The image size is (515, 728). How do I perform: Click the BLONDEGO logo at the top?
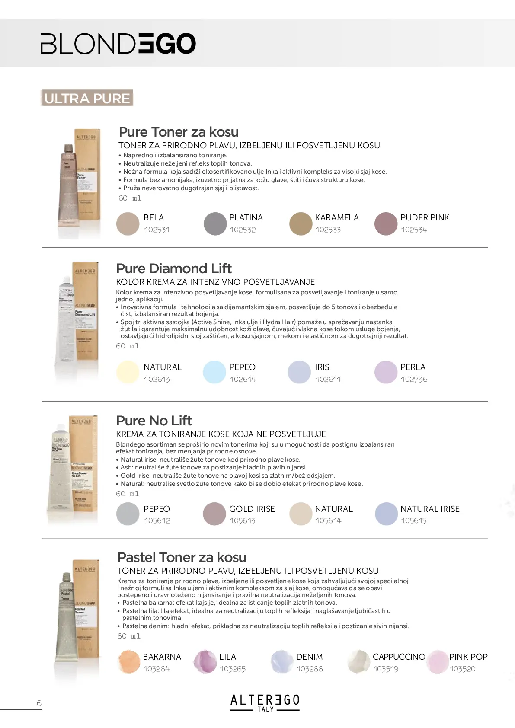pyautogui.click(x=118, y=44)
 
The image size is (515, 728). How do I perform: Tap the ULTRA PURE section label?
pyautogui.click(x=87, y=98)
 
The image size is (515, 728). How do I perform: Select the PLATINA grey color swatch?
pyautogui.click(x=215, y=224)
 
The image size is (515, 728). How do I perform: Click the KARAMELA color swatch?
pyautogui.click(x=301, y=224)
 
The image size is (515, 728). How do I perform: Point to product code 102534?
pyautogui.click(x=413, y=230)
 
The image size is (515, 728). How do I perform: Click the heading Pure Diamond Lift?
pyautogui.click(x=174, y=268)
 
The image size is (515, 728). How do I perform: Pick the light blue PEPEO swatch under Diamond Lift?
pyautogui.click(x=214, y=372)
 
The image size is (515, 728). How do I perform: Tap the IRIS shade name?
pyautogui.click(x=322, y=367)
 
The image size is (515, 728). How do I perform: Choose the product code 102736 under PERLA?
pyautogui.click(x=414, y=380)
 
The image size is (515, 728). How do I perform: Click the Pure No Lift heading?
pyautogui.click(x=154, y=421)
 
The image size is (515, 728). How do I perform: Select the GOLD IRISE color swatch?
pyautogui.click(x=214, y=514)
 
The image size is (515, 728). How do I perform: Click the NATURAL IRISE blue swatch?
pyautogui.click(x=386, y=514)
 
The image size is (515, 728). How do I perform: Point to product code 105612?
pyautogui.click(x=157, y=521)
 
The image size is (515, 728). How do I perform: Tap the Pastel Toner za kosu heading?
pyautogui.click(x=182, y=557)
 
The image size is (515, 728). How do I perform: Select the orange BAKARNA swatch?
pyautogui.click(x=128, y=662)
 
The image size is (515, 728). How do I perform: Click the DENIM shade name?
pyautogui.click(x=309, y=657)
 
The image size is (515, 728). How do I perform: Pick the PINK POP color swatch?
pyautogui.click(x=437, y=662)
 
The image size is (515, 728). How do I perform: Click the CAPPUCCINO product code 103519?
pyautogui.click(x=386, y=669)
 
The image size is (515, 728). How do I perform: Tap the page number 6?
pyautogui.click(x=39, y=703)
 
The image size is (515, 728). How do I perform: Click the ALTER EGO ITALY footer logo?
pyautogui.click(x=265, y=702)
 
